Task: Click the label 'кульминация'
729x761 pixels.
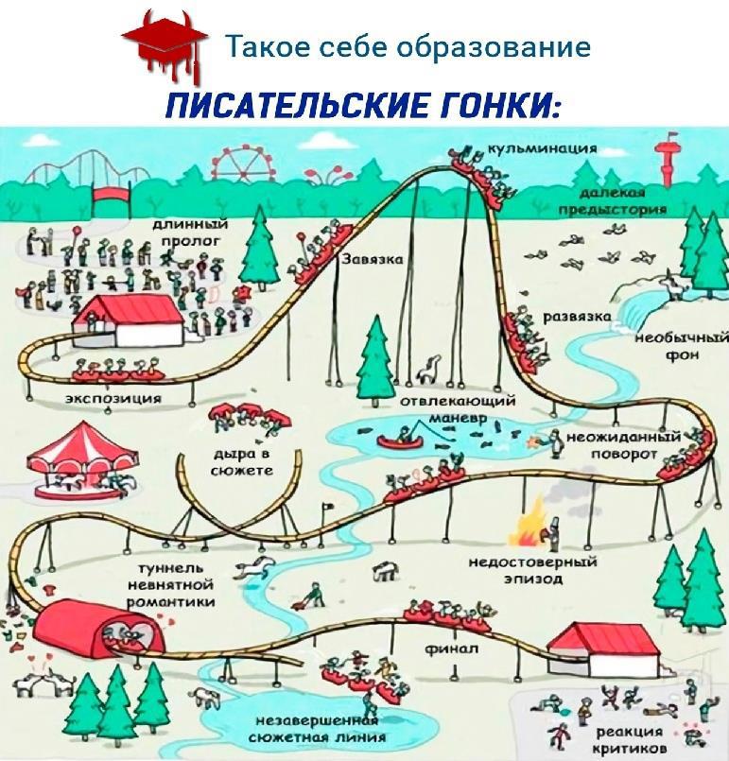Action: tap(542, 148)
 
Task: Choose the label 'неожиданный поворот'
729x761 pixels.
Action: tap(623, 445)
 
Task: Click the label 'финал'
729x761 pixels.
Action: tap(451, 649)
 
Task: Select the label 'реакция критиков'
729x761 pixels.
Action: tap(628, 739)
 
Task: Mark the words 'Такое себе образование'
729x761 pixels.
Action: tap(407, 45)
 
